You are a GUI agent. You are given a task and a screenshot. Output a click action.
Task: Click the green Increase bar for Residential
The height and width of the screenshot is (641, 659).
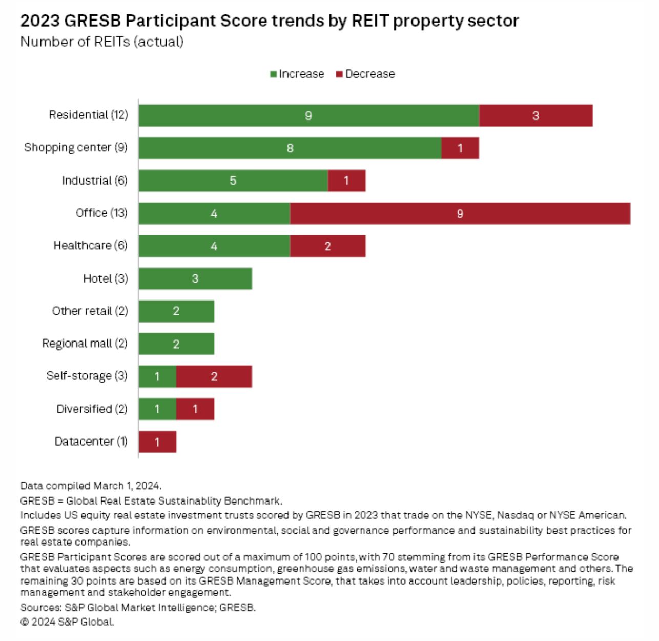tap(308, 115)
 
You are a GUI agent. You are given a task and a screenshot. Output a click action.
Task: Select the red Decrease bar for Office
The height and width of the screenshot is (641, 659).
tap(460, 213)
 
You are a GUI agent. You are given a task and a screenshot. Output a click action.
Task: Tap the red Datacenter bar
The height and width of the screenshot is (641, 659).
tap(157, 442)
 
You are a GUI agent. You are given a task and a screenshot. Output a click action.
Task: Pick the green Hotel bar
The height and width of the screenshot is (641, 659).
tap(195, 278)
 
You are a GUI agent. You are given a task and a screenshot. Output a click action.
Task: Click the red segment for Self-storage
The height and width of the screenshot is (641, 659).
tap(214, 376)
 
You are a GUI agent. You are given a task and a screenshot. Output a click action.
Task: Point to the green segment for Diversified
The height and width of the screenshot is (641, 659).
tap(157, 409)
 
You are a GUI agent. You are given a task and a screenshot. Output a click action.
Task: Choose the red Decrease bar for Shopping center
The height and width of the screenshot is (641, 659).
tap(460, 148)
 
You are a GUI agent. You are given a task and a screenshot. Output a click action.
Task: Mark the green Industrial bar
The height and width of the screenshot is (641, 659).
tap(233, 181)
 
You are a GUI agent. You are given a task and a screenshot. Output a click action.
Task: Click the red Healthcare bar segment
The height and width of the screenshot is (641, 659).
tap(327, 246)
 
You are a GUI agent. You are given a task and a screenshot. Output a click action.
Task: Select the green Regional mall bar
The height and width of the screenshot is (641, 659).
tap(176, 344)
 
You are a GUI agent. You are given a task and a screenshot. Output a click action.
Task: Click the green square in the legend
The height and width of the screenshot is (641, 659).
tap(274, 74)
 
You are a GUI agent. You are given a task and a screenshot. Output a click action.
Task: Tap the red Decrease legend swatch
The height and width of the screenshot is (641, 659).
tap(339, 74)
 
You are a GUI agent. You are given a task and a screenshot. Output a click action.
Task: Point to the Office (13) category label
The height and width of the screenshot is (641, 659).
tap(101, 213)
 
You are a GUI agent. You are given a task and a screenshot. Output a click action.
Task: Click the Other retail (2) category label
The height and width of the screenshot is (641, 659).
tap(90, 311)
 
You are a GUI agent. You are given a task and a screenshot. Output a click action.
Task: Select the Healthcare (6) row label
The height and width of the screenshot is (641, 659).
tap(90, 245)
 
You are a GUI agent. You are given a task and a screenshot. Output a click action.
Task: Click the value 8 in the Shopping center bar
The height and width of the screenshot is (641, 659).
tap(290, 148)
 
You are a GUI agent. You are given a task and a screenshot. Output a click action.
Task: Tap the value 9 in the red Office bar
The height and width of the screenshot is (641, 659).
tap(460, 213)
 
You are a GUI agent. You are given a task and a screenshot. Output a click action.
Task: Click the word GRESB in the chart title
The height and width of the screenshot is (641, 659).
tap(93, 21)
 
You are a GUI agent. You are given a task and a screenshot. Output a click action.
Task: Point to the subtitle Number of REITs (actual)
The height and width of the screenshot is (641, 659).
tap(102, 42)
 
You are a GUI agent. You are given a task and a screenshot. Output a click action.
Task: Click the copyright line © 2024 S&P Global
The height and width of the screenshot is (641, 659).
tap(67, 622)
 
